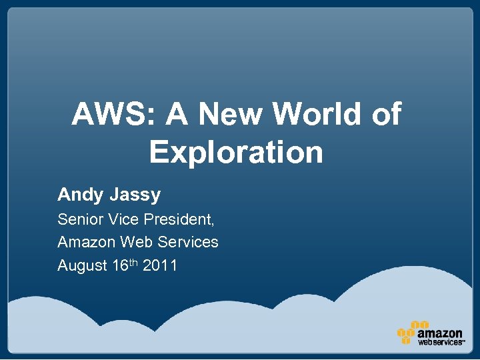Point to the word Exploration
[236, 152]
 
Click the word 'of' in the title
[385, 115]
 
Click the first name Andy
[77, 195]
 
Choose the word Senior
[77, 219]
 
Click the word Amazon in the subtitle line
[85, 242]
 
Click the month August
[83, 266]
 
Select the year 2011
[160, 265]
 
